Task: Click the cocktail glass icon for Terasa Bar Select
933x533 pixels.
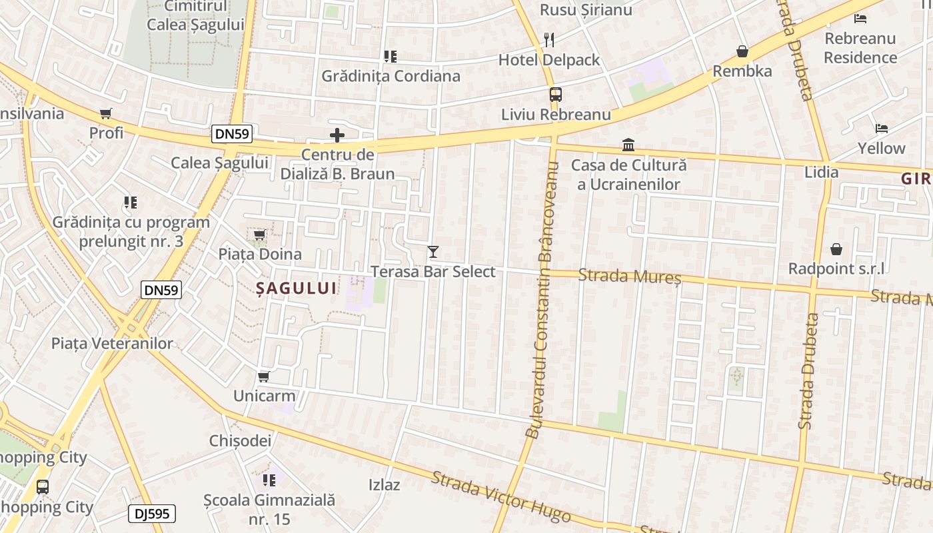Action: click(433, 252)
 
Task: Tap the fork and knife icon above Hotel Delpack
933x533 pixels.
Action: click(549, 40)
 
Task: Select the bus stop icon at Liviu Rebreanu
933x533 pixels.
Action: click(556, 95)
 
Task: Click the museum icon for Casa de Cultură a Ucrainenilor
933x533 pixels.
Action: click(628, 145)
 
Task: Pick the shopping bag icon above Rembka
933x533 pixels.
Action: click(742, 51)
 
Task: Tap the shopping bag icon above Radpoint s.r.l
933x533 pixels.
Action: click(836, 249)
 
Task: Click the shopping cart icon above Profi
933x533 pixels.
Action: click(105, 113)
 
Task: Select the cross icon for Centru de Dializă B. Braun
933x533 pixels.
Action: click(337, 136)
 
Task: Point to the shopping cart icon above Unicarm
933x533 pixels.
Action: click(263, 377)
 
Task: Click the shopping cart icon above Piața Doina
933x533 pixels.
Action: click(259, 235)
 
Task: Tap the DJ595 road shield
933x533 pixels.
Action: click(152, 514)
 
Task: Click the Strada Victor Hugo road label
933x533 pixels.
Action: click(500, 497)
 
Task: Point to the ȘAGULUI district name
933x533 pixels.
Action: click(297, 288)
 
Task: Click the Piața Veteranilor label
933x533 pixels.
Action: click(112, 344)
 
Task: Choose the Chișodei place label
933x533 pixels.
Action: click(240, 440)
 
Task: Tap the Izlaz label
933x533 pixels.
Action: click(385, 484)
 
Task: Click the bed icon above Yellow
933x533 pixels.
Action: click(882, 128)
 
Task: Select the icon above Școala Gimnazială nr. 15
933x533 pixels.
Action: click(269, 480)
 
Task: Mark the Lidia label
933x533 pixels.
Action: click(822, 172)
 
